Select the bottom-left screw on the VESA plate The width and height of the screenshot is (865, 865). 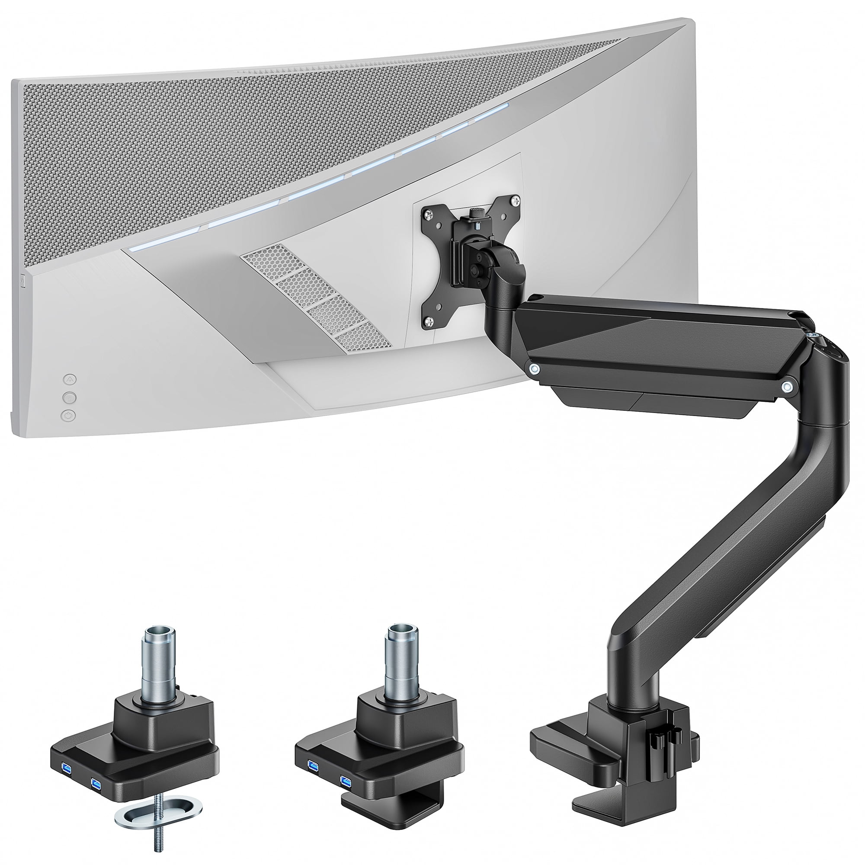429,320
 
